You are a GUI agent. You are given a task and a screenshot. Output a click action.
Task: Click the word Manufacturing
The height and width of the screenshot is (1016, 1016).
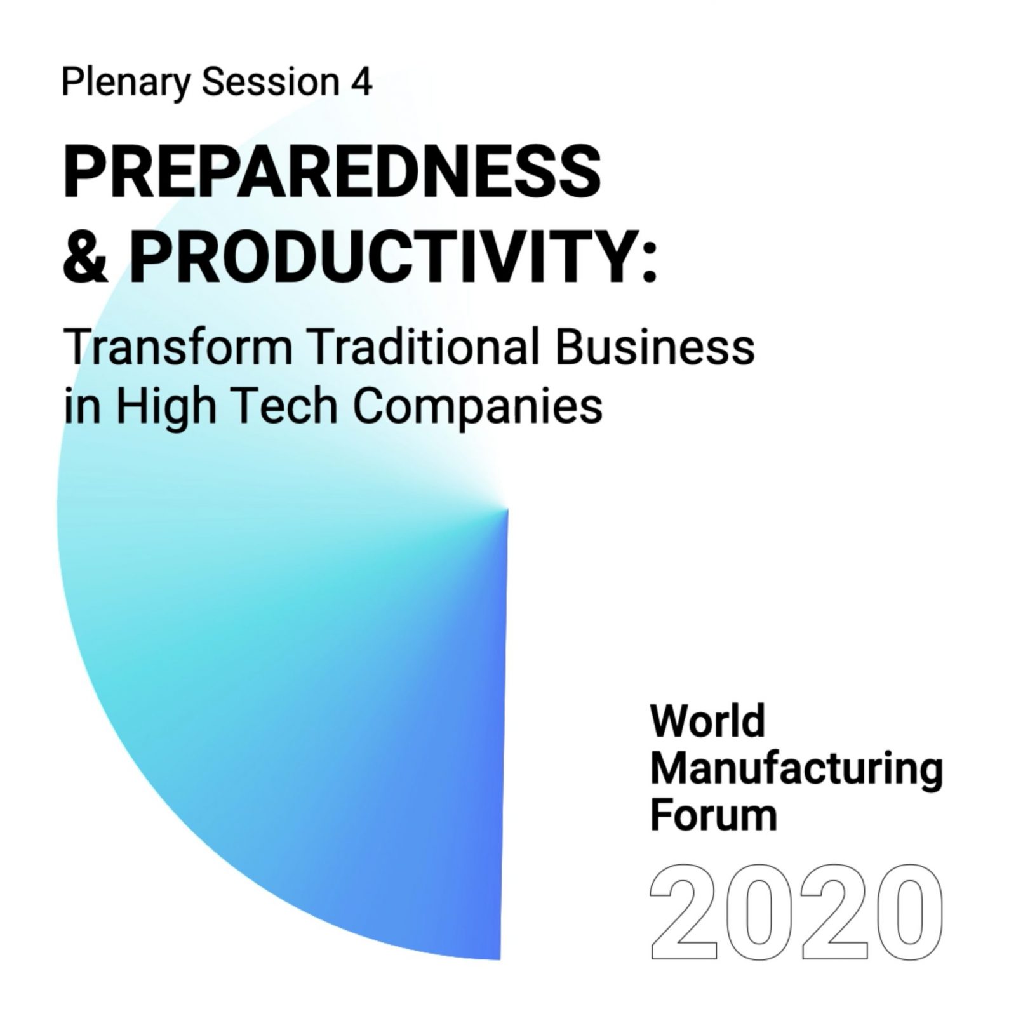pos(796,771)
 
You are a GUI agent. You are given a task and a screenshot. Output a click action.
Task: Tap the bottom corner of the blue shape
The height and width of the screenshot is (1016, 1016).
pos(500,958)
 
